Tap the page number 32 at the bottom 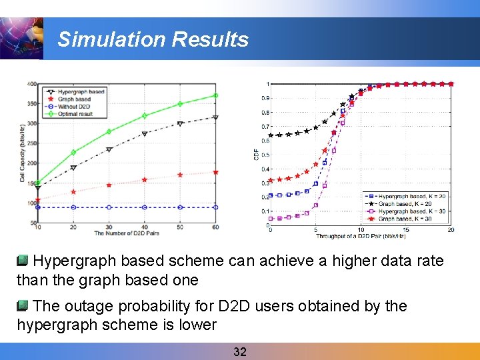[x=239, y=351]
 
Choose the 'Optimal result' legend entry [x=76, y=114]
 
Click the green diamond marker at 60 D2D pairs [x=215, y=95]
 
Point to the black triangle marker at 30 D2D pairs [x=109, y=149]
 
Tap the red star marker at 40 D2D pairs [x=144, y=180]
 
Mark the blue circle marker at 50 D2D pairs [x=180, y=207]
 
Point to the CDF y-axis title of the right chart [x=257, y=155]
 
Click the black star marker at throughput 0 [x=270, y=135]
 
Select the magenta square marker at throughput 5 [x=315, y=205]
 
